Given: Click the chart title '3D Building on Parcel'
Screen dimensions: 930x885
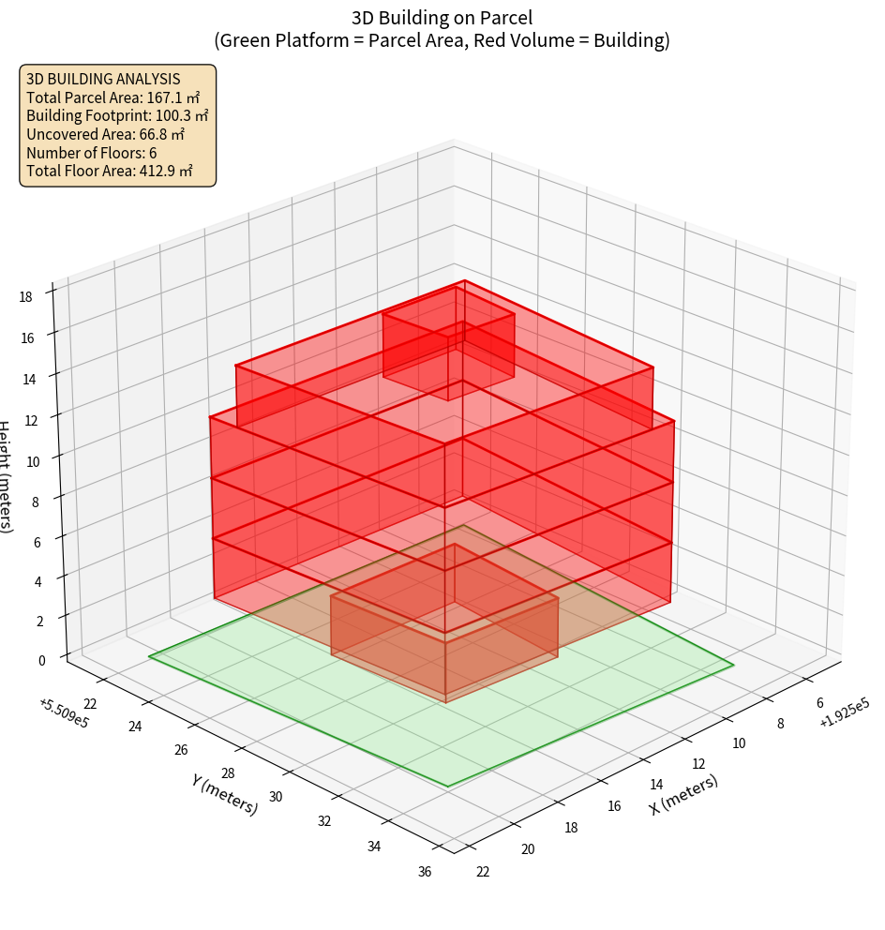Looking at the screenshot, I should (x=442, y=17).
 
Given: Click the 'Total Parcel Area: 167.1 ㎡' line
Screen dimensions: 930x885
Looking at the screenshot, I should (x=113, y=97).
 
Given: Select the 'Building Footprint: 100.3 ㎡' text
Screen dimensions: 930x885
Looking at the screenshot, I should (x=117, y=115).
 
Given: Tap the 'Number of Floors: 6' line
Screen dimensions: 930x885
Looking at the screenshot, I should (x=92, y=153).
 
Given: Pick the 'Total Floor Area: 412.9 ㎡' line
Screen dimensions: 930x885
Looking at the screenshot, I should (x=110, y=171).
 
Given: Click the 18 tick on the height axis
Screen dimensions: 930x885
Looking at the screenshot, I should (x=25, y=297).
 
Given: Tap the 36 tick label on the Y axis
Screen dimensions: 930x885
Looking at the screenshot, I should (x=425, y=872).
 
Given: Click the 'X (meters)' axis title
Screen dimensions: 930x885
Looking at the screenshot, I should (x=684, y=794).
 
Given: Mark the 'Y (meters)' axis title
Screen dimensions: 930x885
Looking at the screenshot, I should (x=224, y=794).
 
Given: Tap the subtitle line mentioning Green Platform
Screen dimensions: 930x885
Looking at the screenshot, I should (x=442, y=40).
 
